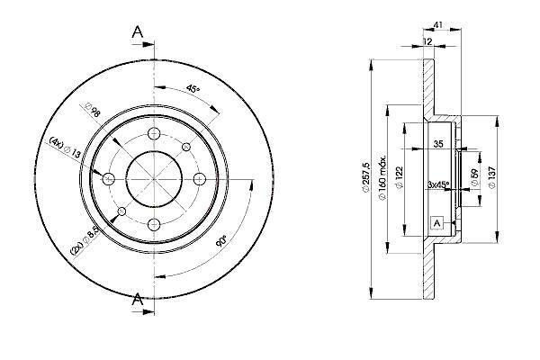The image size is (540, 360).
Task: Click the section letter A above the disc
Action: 138,32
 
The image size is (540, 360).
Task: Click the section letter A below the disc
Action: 138,299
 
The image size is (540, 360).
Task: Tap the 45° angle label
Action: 193,89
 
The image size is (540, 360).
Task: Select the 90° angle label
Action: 221,241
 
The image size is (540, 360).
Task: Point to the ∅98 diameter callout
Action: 93,110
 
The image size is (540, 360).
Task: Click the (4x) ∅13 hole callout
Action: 65,148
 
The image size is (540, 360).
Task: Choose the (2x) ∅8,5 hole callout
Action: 85,242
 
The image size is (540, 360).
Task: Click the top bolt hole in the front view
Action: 154,133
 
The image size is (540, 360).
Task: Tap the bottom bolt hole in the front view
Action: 154,225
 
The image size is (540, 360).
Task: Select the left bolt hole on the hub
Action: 109,179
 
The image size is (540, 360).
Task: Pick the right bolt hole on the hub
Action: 200,179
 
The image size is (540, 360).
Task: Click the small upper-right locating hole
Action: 186,147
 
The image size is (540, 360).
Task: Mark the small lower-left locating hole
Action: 121,211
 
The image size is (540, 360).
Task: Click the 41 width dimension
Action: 437,25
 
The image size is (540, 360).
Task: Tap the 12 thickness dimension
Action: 427,41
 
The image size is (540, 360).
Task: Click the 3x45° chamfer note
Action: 438,184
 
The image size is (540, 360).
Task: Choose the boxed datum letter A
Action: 436,223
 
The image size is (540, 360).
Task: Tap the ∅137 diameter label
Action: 491,177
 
